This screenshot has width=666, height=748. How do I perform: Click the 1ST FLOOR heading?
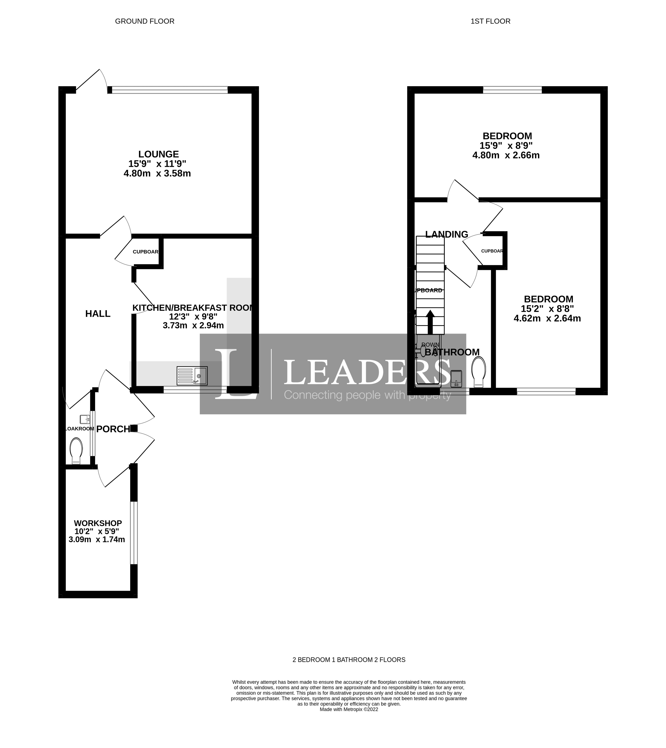[490, 21]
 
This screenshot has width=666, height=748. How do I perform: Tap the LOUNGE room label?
[158, 154]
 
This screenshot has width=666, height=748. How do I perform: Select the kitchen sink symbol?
[192, 376]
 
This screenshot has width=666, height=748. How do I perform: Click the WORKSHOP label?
[98, 523]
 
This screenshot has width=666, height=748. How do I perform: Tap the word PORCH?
[113, 429]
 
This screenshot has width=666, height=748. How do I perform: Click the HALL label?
[98, 314]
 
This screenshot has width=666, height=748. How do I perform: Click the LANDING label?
[446, 234]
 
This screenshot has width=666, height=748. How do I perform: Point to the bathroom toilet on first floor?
[479, 372]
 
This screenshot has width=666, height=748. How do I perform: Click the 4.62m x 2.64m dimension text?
[547, 319]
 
